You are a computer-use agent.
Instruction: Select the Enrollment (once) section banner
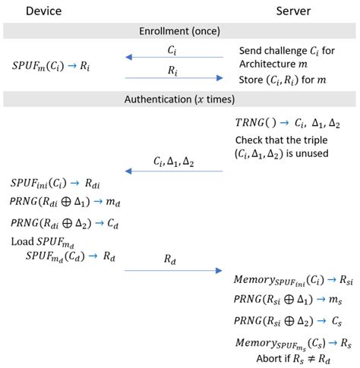179,32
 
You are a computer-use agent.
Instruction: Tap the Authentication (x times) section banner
179,99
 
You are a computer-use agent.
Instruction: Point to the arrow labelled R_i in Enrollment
174,76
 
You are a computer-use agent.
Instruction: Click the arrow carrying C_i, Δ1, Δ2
174,171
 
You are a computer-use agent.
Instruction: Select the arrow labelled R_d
174,269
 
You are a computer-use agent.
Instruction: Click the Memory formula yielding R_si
292,281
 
